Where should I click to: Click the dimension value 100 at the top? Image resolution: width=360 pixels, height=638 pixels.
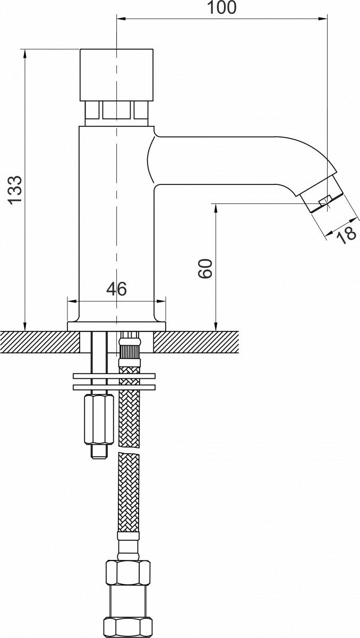point(221,7)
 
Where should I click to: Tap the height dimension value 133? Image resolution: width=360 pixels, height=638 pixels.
point(15,190)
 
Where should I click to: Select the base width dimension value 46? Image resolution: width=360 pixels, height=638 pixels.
point(116,289)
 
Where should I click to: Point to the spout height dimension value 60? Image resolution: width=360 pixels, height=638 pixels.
point(205,268)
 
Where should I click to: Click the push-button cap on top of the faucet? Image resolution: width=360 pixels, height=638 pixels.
point(116,75)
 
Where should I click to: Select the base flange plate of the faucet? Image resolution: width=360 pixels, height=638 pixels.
point(116,326)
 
